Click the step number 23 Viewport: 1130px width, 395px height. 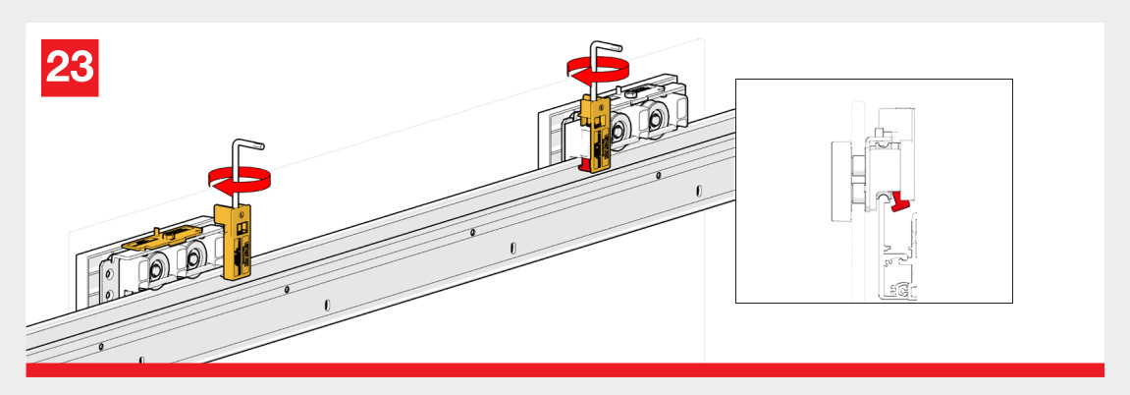click(x=70, y=68)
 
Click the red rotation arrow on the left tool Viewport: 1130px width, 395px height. click(x=235, y=179)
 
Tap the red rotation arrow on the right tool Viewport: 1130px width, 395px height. click(x=597, y=69)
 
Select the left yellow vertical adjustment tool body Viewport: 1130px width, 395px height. click(x=235, y=242)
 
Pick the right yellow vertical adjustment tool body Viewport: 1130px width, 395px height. click(x=595, y=135)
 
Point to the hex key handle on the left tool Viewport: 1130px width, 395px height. click(x=245, y=158)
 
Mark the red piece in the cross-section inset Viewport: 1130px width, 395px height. click(x=900, y=204)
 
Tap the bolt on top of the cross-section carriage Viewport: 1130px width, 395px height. click(x=879, y=134)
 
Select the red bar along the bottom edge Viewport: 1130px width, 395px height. click(x=565, y=369)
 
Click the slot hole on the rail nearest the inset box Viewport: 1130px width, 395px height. click(x=698, y=191)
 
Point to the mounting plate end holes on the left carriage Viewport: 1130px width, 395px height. click(x=107, y=282)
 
